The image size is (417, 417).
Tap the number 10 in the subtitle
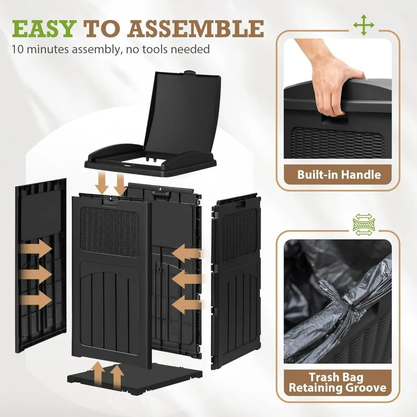coord(18,50)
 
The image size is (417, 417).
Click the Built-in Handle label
coord(339,175)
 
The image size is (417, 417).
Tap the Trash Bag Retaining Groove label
coord(337,382)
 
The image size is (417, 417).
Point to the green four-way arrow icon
coord(364,25)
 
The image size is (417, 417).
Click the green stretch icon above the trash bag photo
coord(364,225)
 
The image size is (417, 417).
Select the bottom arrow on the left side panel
coord(35,300)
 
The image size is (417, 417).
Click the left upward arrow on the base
coord(99,374)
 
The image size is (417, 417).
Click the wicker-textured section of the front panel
coord(110,232)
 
